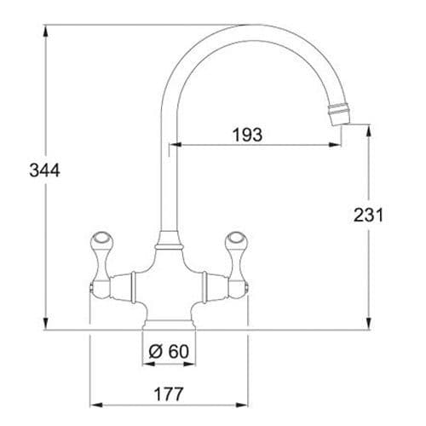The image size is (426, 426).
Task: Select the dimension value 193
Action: (x=247, y=134)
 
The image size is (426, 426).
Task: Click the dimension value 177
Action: (x=170, y=394)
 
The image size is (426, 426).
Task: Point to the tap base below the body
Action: (x=170, y=323)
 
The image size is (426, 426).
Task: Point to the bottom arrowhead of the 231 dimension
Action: (x=368, y=325)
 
